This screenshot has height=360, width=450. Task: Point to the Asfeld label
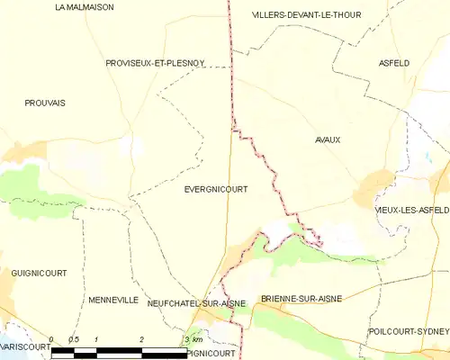394,63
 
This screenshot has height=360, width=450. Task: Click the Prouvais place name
45,103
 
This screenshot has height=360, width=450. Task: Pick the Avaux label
328,139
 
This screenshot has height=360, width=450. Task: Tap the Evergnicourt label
215,189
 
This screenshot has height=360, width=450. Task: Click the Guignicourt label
35,271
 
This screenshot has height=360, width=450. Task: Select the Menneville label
113,299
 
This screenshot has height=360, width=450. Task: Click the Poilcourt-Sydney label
409,331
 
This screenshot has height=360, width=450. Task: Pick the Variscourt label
24,346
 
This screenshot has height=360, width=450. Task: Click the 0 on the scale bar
51,339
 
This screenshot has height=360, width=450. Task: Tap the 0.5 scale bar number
74,339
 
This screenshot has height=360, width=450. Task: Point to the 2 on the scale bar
141,339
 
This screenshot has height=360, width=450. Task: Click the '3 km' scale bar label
193,339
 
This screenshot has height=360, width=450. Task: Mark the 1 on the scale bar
96,339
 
